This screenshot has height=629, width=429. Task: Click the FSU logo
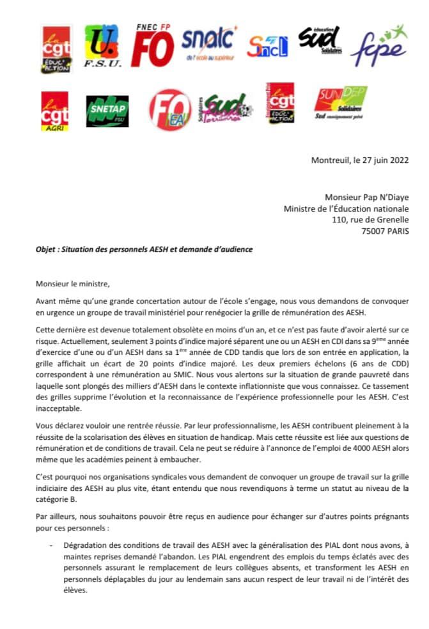(x=101, y=49)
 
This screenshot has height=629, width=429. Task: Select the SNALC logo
(x=208, y=43)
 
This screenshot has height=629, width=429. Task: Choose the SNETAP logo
(x=107, y=109)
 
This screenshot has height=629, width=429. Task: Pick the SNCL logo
(x=268, y=47)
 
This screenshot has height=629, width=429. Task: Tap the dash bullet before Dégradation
(x=51, y=545)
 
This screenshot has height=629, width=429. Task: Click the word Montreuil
(x=331, y=160)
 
